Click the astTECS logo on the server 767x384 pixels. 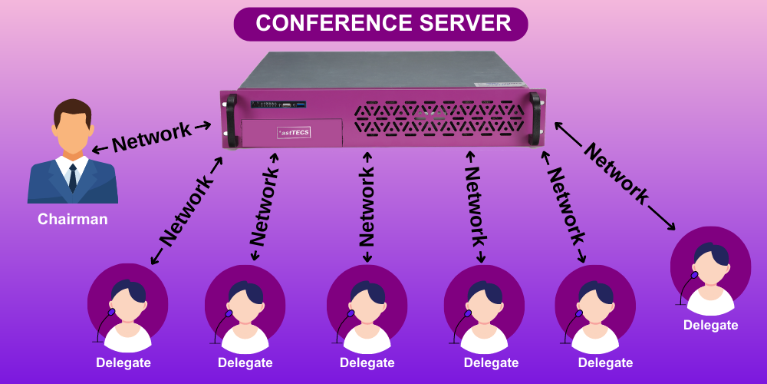point(293,132)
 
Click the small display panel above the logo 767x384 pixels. point(280,104)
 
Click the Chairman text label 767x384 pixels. point(73,220)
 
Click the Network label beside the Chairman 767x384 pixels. point(152,137)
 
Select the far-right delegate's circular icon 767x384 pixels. point(710,269)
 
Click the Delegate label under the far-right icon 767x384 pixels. point(710,325)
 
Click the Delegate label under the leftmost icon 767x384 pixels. point(123,362)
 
